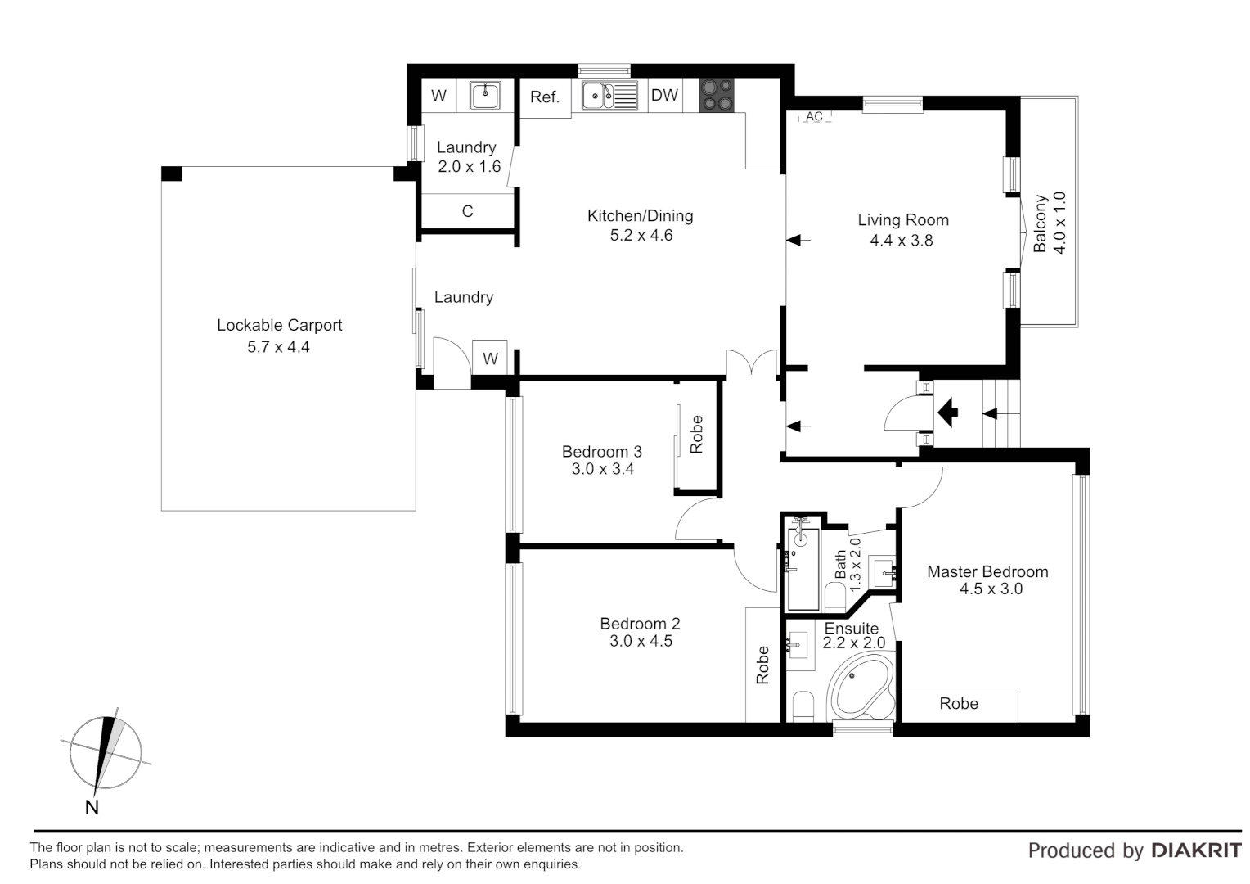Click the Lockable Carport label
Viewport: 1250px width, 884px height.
pos(280,325)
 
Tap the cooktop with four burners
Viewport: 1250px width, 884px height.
pos(717,96)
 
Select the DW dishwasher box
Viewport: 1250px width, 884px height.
pos(664,96)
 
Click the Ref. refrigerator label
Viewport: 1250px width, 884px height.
pos(545,97)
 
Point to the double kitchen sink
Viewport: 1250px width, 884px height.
pos(609,96)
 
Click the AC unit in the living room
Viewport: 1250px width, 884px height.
pos(814,116)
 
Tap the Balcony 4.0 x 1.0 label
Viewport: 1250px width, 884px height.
pos(1049,223)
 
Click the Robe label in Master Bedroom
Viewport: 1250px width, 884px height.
pos(959,703)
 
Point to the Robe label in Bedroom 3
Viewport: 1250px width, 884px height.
pos(696,435)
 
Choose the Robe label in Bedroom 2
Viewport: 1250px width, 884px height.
pos(762,665)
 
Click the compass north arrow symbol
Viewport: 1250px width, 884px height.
pos(105,753)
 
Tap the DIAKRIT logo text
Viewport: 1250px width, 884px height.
pos(1197,850)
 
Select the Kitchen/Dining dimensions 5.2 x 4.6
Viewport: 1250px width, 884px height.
pos(641,235)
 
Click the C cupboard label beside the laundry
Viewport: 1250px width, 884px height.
pos(468,211)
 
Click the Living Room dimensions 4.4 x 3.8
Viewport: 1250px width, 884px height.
pos(902,240)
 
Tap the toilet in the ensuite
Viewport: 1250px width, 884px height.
pos(803,707)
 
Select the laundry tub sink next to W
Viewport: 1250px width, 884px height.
pos(485,96)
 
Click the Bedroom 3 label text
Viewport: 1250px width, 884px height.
pos(602,451)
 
